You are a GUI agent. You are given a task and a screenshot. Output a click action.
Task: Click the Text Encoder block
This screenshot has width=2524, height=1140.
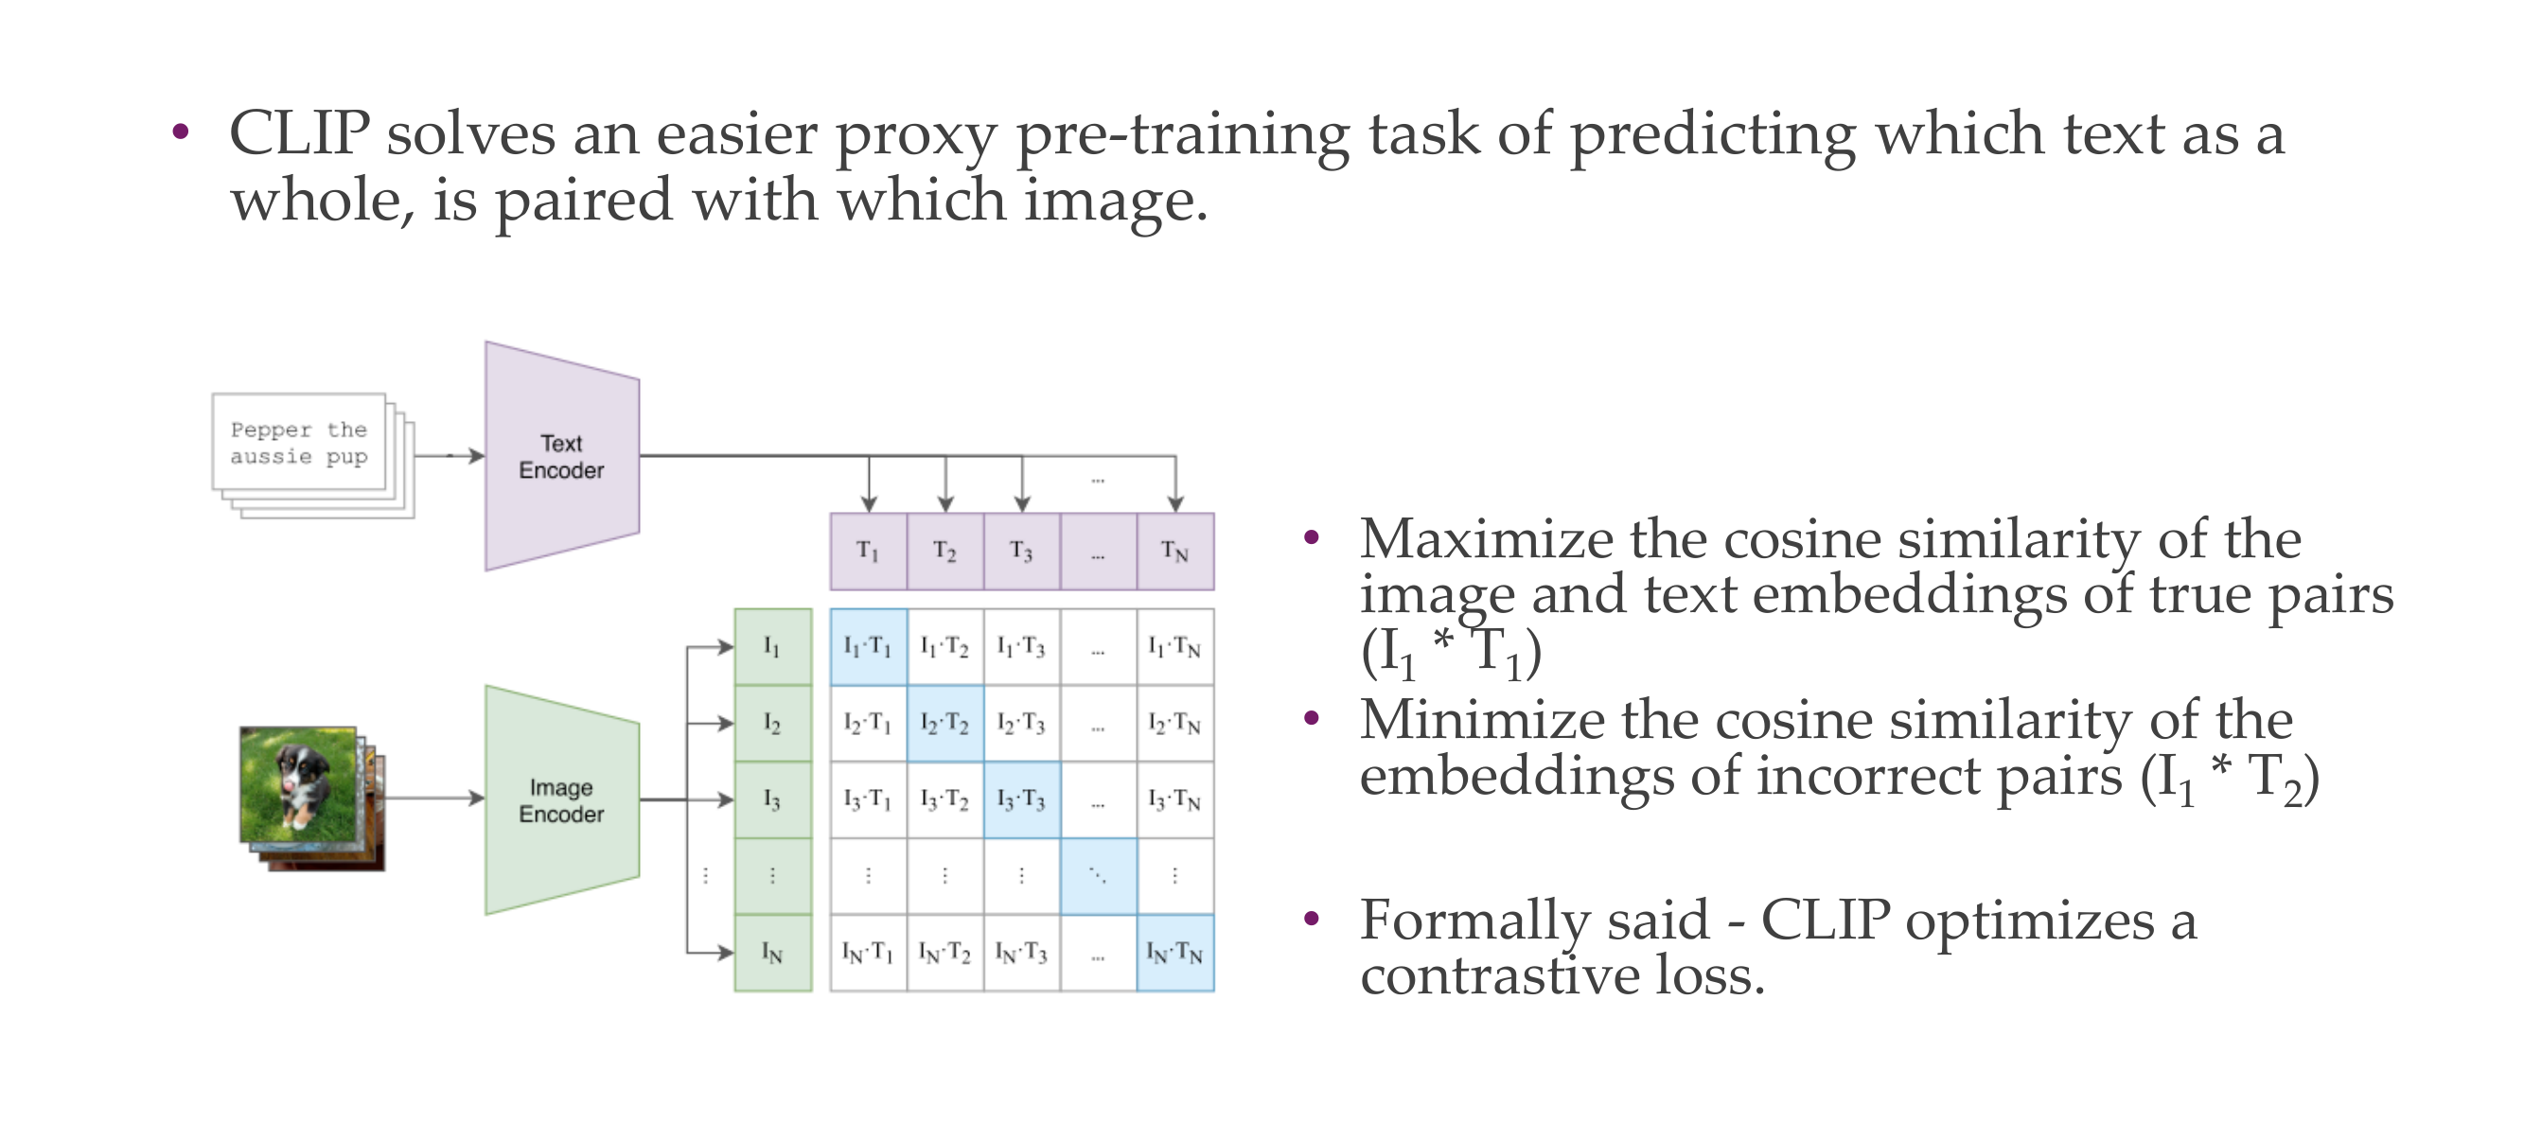point(562,456)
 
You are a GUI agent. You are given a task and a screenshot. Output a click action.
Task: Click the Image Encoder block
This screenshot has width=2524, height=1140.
point(562,800)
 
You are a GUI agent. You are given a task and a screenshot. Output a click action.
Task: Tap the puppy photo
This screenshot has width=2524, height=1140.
point(299,783)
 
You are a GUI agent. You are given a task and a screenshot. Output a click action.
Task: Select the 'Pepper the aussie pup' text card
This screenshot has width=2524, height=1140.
point(299,442)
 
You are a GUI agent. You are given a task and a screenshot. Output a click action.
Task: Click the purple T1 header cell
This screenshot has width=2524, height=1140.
point(868,552)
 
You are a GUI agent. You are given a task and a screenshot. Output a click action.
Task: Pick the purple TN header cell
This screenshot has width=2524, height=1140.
point(1174,552)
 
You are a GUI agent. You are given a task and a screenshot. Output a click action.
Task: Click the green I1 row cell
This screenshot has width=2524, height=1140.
point(773,647)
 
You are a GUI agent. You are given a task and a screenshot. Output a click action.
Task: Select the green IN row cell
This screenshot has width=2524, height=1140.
point(773,953)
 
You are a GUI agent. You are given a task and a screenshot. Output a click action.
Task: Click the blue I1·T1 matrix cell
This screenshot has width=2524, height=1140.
point(868,647)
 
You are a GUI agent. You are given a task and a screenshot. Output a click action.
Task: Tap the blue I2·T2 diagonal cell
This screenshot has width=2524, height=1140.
point(944,724)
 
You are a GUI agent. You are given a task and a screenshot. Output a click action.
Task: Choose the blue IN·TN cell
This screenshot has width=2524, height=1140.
point(1174,953)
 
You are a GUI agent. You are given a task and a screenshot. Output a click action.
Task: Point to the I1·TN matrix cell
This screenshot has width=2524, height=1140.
point(1174,647)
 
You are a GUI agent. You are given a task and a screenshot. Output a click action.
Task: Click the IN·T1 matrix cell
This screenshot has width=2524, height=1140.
point(868,953)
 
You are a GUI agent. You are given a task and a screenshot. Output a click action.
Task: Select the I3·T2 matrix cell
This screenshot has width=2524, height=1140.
point(944,800)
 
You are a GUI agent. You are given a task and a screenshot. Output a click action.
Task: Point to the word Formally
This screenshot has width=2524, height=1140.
point(1486,923)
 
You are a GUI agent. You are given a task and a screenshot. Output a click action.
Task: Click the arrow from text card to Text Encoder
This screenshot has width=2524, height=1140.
point(450,456)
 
